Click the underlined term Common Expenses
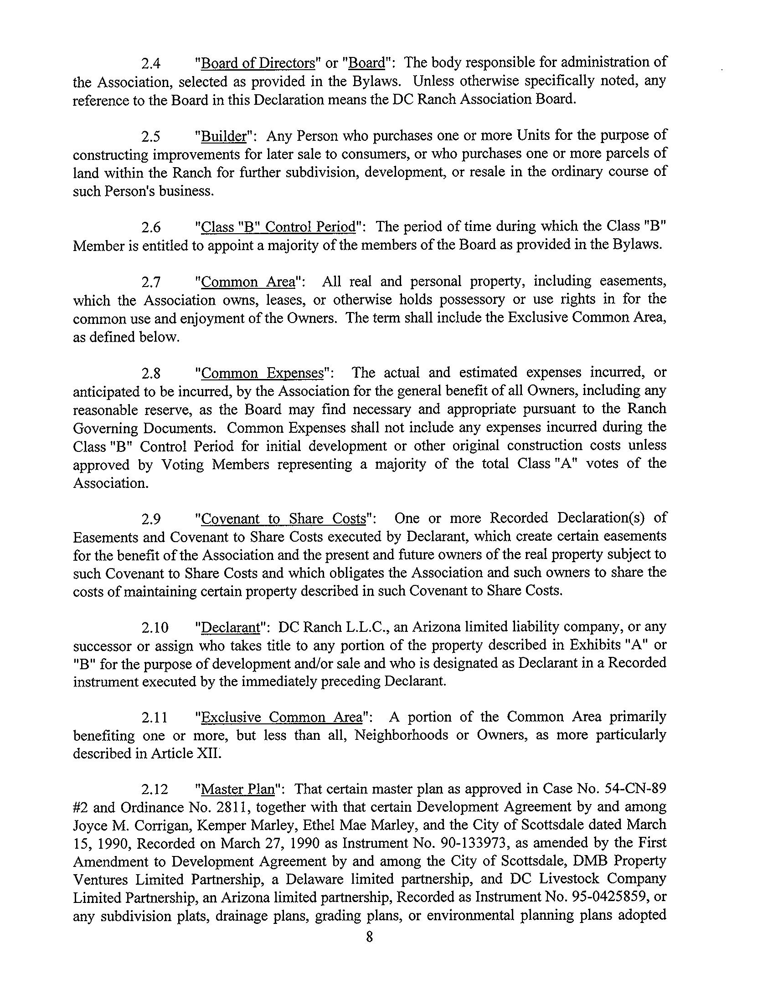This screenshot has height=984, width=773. [x=262, y=373]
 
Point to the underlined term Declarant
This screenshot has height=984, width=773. [x=230, y=628]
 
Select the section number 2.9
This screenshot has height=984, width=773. [x=150, y=519]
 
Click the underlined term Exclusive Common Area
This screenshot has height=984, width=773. [x=281, y=717]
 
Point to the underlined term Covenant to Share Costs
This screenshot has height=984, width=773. [x=283, y=519]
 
